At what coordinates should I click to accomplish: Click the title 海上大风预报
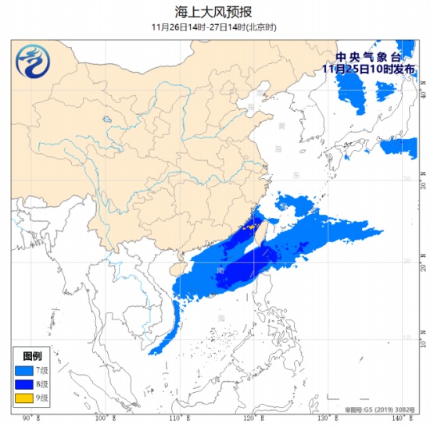click(215, 11)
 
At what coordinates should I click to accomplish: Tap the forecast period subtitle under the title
click(215, 27)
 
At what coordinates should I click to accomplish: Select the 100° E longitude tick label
click(102, 419)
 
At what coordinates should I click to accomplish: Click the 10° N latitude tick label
click(422, 341)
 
